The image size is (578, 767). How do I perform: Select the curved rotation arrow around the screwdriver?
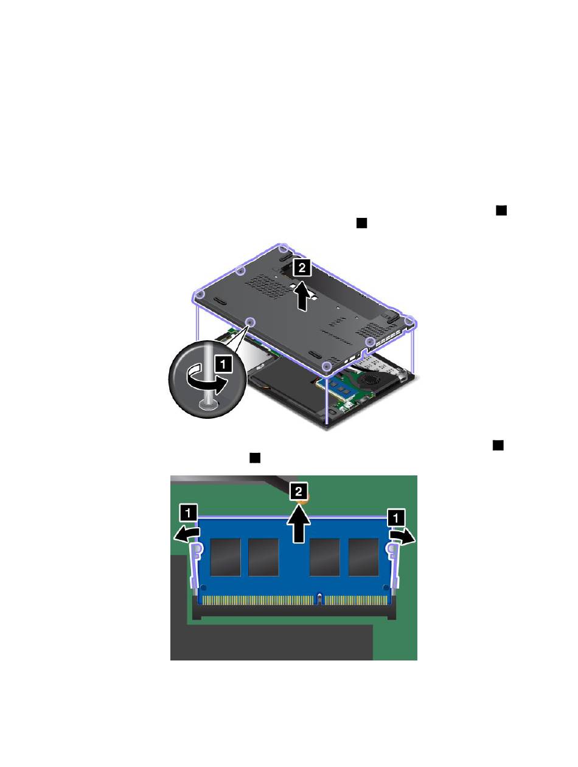click(207, 379)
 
